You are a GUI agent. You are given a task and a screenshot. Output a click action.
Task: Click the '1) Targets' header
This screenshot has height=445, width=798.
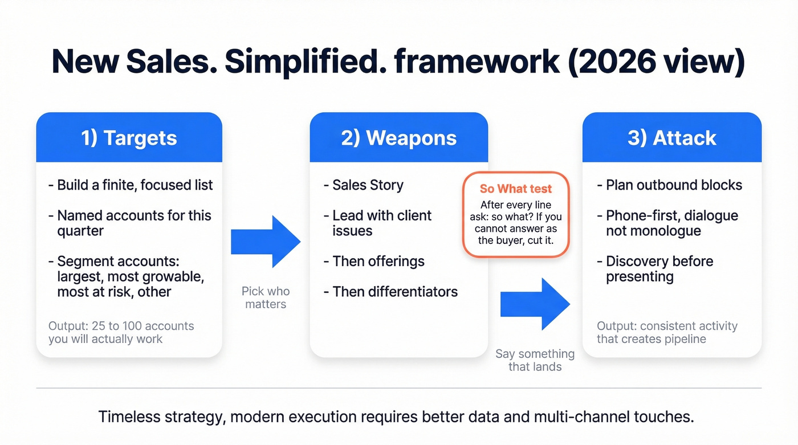[x=129, y=138]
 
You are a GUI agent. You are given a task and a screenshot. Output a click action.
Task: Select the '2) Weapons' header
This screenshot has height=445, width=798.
[x=398, y=138]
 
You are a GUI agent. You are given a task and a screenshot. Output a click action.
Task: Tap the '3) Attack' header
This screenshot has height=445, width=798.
[x=671, y=138]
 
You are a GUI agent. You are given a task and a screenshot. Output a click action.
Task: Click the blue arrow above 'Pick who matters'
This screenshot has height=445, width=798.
[x=266, y=242]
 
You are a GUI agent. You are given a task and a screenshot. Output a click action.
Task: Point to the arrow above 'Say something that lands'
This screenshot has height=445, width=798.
[x=535, y=304]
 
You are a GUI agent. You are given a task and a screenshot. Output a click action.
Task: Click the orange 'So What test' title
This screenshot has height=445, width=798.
[x=516, y=189]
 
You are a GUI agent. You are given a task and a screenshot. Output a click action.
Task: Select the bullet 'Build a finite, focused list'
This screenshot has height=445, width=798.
[x=135, y=185]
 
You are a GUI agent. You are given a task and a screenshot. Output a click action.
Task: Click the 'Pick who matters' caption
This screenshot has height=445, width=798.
[x=266, y=297]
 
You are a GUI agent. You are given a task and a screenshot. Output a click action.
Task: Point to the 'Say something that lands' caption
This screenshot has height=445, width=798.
[x=535, y=360]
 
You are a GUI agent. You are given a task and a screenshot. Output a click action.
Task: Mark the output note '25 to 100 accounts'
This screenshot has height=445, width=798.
[x=121, y=332]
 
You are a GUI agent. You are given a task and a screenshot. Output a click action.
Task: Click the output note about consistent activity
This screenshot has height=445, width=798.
[x=667, y=332]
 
